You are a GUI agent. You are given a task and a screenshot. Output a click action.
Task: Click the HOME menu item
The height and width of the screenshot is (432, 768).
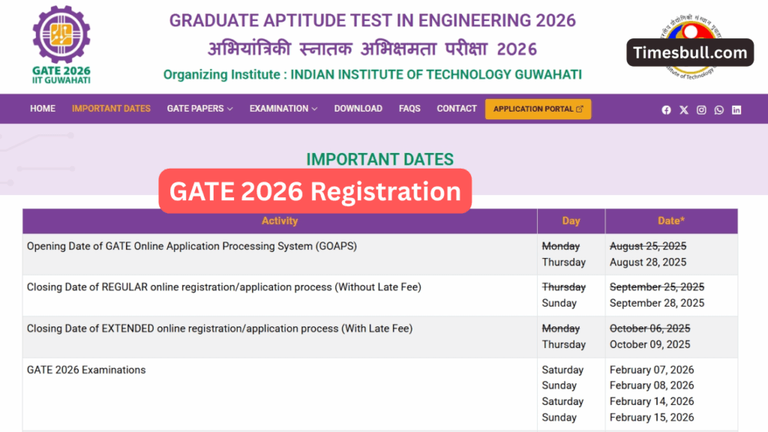[43, 109]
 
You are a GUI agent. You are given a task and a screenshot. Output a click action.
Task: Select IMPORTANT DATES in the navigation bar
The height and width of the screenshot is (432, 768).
[111, 109]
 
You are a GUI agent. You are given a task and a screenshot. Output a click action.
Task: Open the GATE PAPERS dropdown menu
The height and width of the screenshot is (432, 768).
[199, 109]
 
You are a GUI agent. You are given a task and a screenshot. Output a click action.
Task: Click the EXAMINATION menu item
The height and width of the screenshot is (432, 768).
[283, 109]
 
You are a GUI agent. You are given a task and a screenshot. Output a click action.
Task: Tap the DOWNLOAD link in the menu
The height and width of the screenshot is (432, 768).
[358, 109]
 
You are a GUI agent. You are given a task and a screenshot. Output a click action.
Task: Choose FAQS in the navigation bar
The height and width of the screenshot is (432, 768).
[409, 109]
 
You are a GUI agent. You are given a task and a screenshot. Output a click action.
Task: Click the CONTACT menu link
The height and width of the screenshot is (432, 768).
[457, 109]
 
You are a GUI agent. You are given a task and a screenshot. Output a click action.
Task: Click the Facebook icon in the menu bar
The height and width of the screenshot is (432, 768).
[666, 110]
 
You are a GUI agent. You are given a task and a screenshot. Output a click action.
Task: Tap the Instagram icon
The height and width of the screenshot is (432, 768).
[701, 110]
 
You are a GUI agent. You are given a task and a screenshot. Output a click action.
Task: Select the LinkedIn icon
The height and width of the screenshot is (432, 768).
[736, 110]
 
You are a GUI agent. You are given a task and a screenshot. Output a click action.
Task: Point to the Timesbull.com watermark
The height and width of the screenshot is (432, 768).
[690, 52]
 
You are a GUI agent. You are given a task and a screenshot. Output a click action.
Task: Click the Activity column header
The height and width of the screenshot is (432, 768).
[280, 221]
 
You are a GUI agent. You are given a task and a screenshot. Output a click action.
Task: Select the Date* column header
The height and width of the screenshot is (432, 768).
[671, 221]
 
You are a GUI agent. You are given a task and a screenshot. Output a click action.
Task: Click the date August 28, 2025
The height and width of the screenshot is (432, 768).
[648, 262]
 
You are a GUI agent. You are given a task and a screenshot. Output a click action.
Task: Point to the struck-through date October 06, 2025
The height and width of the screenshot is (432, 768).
[649, 328]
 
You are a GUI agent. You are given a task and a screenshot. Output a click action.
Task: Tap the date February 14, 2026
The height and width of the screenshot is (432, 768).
[652, 401]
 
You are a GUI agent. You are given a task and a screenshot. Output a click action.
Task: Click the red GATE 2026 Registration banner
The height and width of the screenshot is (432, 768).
[315, 192]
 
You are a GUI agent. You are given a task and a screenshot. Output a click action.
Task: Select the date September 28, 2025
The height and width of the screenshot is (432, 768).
[657, 303]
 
